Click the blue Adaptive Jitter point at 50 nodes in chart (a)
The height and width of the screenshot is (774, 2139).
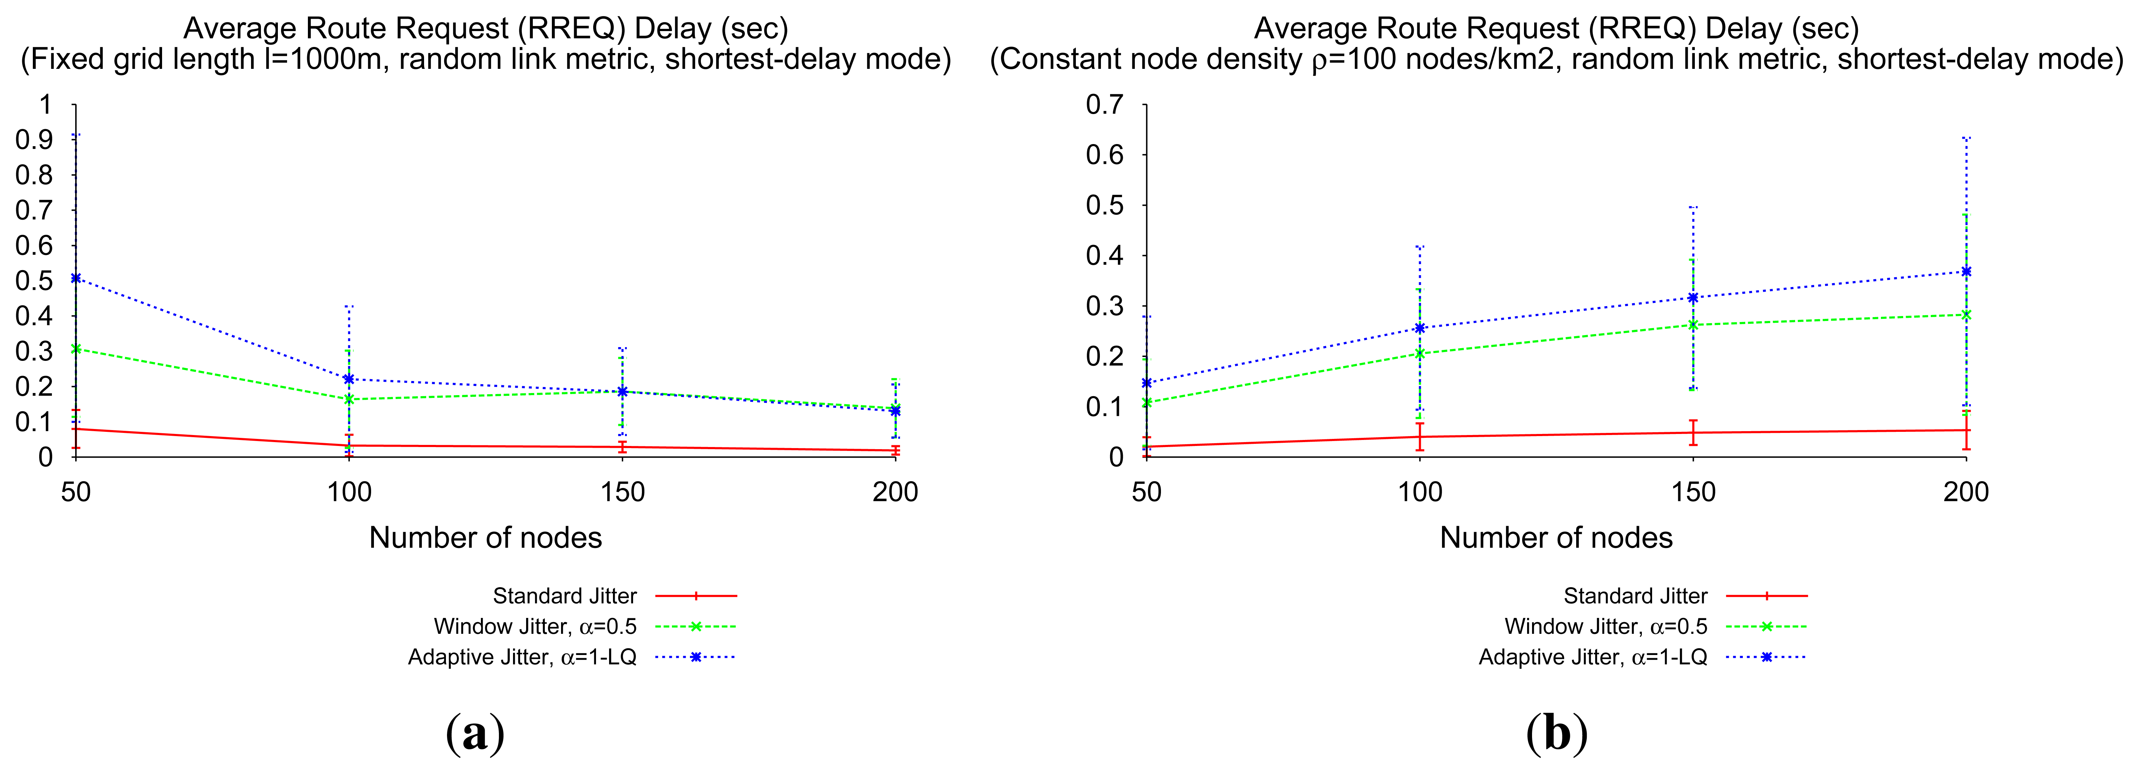point(76,278)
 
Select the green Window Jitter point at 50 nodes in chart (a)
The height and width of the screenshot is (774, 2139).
point(76,349)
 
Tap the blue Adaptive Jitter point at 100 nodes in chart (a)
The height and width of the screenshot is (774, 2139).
point(349,379)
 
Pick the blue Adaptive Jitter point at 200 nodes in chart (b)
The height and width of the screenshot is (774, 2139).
point(1965,272)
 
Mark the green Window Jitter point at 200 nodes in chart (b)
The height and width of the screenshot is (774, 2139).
point(1965,315)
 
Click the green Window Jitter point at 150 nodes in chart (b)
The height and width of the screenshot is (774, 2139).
point(1692,325)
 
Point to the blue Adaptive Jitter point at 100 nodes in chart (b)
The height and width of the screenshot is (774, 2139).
point(1419,328)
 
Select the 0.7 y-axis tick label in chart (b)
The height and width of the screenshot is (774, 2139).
point(1104,105)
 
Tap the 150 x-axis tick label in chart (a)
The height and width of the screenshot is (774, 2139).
point(622,493)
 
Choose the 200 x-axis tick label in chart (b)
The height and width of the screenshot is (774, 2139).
point(1965,493)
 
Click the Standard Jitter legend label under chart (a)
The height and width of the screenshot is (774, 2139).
point(565,596)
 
